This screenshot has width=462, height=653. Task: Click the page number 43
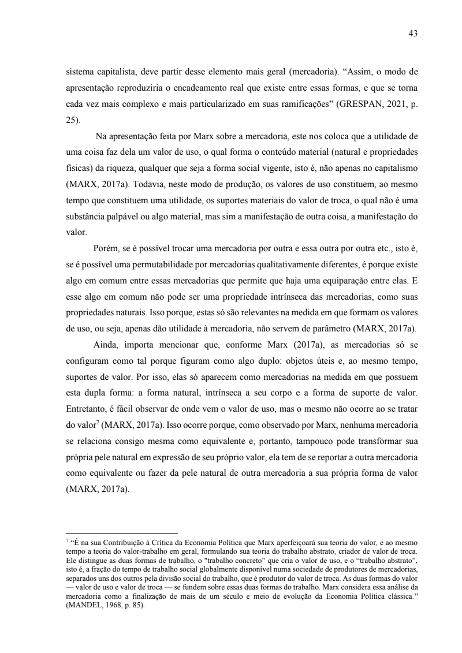point(412,33)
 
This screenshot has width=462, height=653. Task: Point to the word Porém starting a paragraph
point(104,249)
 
